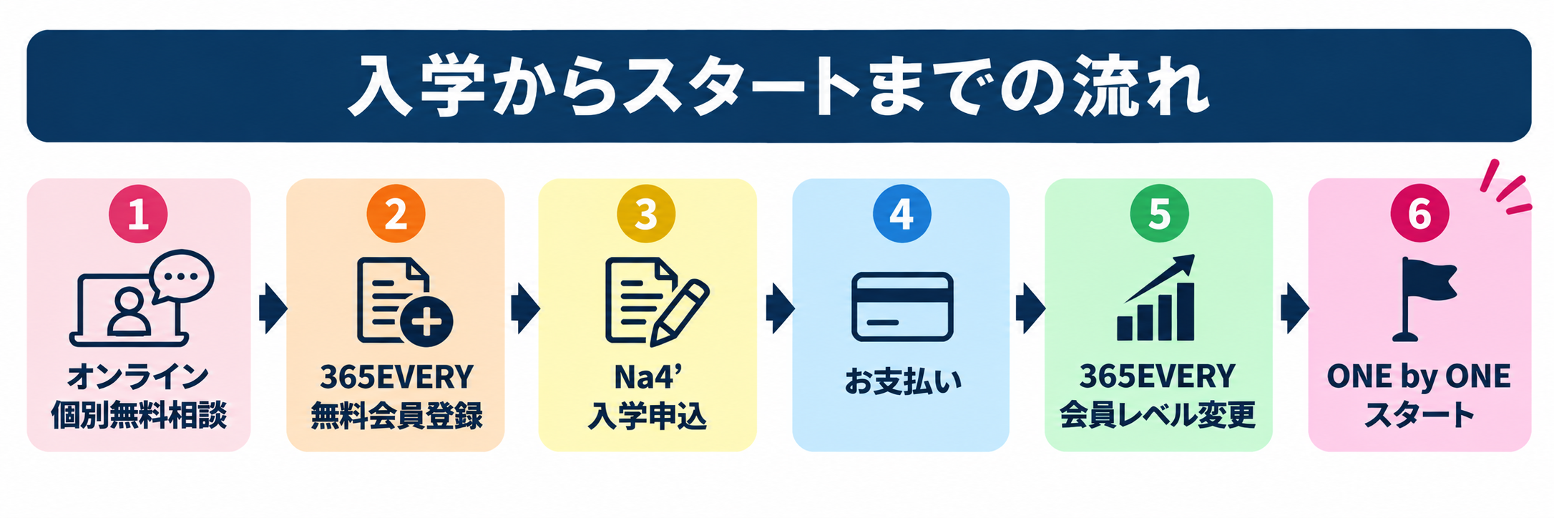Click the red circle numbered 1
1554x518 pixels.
(x=138, y=214)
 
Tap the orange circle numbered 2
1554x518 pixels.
(x=396, y=214)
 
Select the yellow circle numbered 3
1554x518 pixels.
(x=646, y=214)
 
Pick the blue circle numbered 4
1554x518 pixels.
(x=901, y=214)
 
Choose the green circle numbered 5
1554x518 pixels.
(x=1159, y=214)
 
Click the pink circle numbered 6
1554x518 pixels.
(x=1419, y=214)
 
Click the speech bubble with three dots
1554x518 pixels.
(x=182, y=276)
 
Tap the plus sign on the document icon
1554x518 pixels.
(x=426, y=322)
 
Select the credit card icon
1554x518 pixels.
(x=902, y=306)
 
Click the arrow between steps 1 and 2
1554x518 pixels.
(x=273, y=308)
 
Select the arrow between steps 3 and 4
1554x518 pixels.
(x=780, y=308)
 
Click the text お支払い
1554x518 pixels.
(x=903, y=381)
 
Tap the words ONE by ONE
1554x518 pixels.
(x=1419, y=376)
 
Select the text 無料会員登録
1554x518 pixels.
(x=396, y=416)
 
